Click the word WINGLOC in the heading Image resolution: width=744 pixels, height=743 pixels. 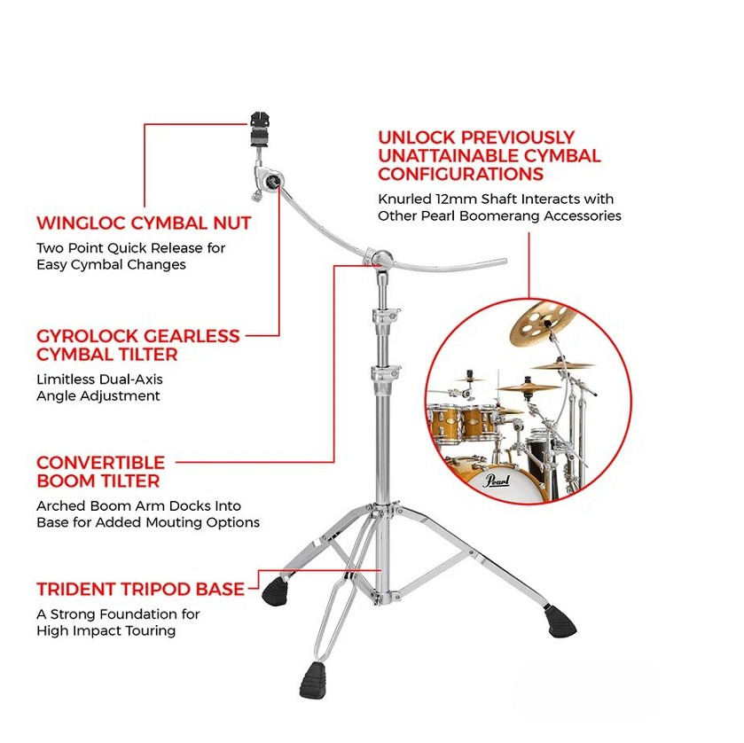tap(81, 223)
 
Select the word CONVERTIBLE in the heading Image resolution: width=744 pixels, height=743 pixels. tap(100, 463)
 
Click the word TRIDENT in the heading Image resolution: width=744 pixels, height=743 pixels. tap(76, 590)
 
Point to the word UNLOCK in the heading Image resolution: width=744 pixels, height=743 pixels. tap(416, 137)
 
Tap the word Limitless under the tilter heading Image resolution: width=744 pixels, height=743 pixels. tap(65, 379)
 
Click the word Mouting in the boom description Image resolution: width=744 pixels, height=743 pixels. tap(173, 522)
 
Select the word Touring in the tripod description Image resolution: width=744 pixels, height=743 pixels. tap(150, 631)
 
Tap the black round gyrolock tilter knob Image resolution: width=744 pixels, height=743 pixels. tap(273, 181)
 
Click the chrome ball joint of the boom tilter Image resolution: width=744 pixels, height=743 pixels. tap(382, 259)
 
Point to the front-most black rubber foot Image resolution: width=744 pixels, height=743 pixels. tap(313, 680)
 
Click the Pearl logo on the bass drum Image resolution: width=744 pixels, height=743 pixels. tap(497, 481)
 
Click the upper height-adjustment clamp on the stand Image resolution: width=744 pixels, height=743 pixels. tap(385, 317)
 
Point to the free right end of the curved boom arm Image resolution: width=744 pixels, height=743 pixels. tap(505, 261)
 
